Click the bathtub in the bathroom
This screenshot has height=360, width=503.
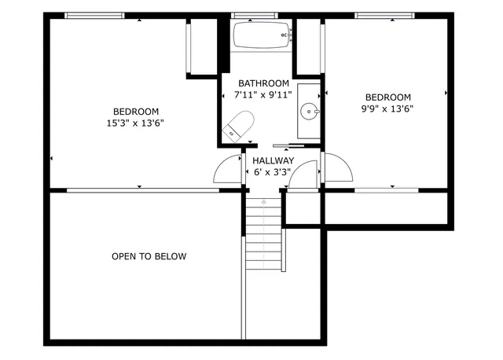(263, 35)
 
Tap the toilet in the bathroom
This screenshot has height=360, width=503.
(237, 127)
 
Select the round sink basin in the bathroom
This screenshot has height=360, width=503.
(312, 112)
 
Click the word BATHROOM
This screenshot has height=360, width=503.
(263, 83)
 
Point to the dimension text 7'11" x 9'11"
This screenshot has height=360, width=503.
(263, 94)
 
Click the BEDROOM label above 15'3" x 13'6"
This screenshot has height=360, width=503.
(136, 112)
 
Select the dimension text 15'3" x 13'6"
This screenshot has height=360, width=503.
(136, 123)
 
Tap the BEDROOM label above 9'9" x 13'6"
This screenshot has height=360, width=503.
(387, 97)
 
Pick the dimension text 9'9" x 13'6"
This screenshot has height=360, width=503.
(387, 109)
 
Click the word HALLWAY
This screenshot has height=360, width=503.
(273, 161)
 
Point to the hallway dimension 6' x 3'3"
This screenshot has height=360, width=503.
(273, 172)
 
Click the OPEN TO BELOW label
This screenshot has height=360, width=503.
(149, 256)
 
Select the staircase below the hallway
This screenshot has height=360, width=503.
(263, 236)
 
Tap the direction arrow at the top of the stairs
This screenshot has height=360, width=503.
(264, 202)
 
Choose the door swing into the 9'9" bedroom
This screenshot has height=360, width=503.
(337, 168)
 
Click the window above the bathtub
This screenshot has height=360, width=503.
(255, 15)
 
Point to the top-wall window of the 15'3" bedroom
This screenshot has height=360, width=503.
(94, 15)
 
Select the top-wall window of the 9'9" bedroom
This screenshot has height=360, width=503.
(385, 15)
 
